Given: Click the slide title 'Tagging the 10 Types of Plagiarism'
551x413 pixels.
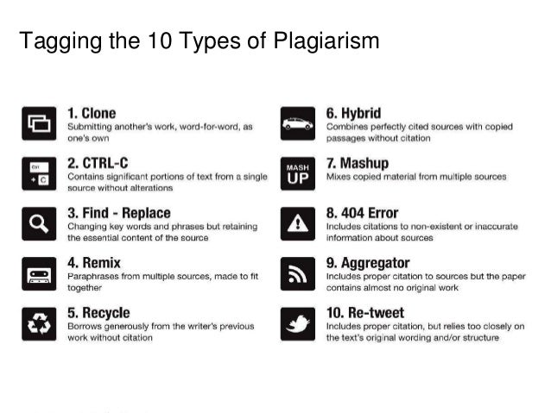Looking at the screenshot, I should [199, 41].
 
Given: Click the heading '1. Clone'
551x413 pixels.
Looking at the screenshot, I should [92, 113].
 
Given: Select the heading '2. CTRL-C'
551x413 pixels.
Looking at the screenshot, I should [98, 163].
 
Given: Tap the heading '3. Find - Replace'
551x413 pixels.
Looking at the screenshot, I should [119, 213].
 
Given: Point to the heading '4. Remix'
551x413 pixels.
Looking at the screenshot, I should [93, 262].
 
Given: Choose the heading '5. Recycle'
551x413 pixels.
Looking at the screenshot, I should [98, 312].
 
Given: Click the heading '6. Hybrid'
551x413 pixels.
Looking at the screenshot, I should [353, 113].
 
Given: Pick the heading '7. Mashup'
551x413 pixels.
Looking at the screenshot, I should [357, 163].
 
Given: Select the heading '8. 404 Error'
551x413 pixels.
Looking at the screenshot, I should [361, 213].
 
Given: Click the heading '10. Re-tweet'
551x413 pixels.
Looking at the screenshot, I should [365, 312].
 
